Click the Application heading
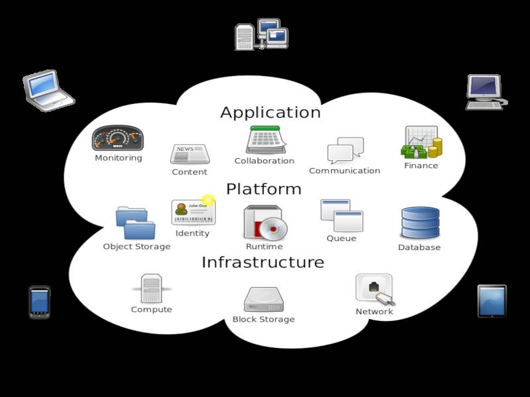(270, 112)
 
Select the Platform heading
(264, 189)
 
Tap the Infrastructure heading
(262, 262)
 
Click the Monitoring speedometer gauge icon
(118, 138)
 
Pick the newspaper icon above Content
(189, 154)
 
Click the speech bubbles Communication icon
(345, 151)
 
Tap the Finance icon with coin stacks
(421, 142)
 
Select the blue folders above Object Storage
(136, 223)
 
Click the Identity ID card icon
(193, 212)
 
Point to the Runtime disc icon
(264, 222)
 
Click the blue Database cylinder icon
(420, 223)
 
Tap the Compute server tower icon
(151, 288)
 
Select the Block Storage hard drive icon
(264, 300)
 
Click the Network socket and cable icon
(376, 290)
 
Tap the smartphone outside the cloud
(40, 302)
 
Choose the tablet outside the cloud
(492, 301)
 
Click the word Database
(419, 247)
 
